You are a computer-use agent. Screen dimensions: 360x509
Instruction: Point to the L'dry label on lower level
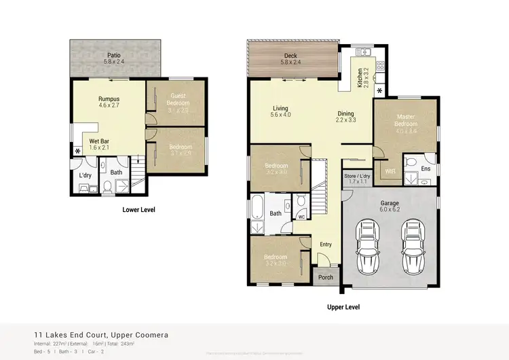click(86, 175)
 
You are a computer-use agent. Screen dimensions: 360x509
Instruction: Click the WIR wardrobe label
click(390, 170)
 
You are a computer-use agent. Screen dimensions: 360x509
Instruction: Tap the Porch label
click(326, 276)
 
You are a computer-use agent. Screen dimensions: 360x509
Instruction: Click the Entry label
click(326, 244)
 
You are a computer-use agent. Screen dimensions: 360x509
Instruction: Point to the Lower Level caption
click(138, 210)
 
